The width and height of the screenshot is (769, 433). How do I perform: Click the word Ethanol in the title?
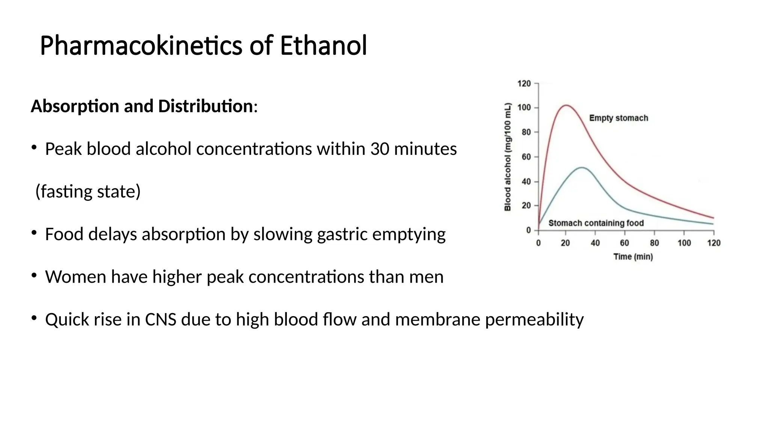click(323, 45)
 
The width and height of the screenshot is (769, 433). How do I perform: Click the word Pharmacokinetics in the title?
click(141, 45)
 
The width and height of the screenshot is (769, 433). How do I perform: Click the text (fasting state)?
click(88, 191)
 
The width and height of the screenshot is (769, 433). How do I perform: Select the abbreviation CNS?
click(161, 319)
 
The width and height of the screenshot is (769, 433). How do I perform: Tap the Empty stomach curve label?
click(618, 118)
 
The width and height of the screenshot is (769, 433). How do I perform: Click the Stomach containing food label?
click(596, 223)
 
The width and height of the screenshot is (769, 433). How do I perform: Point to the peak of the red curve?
click(566, 105)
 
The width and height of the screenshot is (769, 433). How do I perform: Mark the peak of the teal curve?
click(582, 167)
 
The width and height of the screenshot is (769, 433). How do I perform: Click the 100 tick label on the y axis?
click(524, 108)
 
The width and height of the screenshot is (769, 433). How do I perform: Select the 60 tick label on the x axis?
click(624, 243)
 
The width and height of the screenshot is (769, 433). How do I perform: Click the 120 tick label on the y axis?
click(524, 83)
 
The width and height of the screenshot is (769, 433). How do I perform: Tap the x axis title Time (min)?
click(633, 257)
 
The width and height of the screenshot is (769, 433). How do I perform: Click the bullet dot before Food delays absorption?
click(34, 233)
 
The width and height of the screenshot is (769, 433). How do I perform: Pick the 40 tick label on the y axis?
click(526, 182)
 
